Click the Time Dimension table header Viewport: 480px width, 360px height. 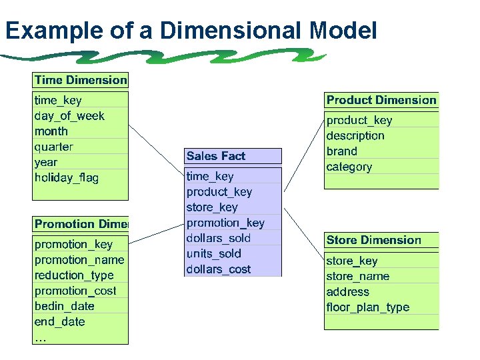(80, 80)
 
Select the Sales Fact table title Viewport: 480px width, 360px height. (216, 156)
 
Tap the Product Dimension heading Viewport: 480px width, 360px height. (381, 100)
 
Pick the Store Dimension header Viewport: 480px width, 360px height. (373, 240)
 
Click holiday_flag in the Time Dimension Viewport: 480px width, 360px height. (66, 177)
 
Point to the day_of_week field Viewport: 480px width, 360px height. (69, 115)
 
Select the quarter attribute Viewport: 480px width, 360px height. (53, 147)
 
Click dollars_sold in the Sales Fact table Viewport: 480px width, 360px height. (219, 238)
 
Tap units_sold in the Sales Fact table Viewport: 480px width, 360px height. (213, 253)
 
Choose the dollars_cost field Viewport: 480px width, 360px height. (219, 269)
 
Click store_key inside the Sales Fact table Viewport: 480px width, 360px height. (212, 207)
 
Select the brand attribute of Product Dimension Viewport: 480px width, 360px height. (341, 151)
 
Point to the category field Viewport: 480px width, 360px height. (349, 167)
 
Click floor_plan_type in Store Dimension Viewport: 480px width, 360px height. (367, 307)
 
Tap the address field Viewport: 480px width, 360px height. (347, 291)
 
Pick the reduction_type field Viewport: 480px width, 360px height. (74, 275)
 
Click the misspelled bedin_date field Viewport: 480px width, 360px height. (65, 306)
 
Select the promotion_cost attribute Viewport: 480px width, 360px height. (75, 291)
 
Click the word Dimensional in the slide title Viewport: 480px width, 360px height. (235, 30)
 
